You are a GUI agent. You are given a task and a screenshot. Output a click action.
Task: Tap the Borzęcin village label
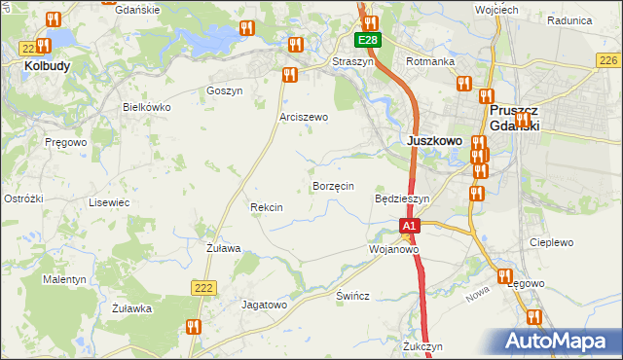pos(332,186)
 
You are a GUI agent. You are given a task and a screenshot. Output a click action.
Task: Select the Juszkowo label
pos(432,140)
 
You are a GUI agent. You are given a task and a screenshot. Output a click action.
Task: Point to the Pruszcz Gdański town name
pos(514,119)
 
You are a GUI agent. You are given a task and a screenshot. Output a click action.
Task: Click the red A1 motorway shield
pos(410,226)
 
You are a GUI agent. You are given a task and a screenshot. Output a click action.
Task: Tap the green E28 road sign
pos(367,40)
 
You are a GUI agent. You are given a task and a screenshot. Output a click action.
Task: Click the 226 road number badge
pos(607,60)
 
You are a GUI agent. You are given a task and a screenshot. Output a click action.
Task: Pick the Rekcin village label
pos(266,207)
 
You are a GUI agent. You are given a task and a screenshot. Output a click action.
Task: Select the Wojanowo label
pos(393,249)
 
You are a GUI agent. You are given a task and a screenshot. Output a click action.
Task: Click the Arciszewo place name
pos(304,117)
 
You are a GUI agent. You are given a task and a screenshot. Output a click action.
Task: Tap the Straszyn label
pos(352,60)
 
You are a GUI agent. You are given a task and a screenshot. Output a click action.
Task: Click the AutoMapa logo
pos(564,342)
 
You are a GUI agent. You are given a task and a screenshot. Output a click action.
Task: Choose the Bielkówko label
pos(147,107)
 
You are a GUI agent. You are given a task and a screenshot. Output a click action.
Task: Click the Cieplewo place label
pos(551,242)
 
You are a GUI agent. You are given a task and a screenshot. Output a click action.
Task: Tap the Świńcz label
pos(351,296)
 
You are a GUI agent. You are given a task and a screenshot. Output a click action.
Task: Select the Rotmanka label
pos(431,61)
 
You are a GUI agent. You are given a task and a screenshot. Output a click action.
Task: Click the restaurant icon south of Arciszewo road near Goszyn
pos(288,75)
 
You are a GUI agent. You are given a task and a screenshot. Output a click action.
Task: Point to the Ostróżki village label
pos(23,198)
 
